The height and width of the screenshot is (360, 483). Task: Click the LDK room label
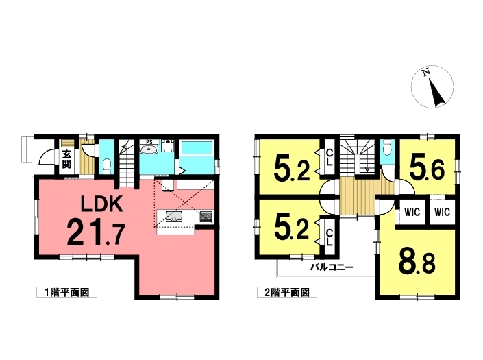pyautogui.click(x=101, y=204)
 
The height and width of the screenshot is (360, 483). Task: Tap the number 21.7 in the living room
pyautogui.click(x=96, y=232)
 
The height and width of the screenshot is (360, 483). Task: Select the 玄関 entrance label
pyautogui.click(x=66, y=159)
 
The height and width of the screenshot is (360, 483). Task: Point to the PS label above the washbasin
pyautogui.click(x=149, y=143)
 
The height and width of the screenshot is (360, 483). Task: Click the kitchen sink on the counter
pyautogui.click(x=174, y=217)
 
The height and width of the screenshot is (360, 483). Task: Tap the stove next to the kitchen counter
pyautogui.click(x=206, y=217)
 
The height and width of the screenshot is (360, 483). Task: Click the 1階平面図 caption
pyautogui.click(x=67, y=292)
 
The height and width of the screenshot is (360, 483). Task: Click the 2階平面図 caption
pyautogui.click(x=287, y=292)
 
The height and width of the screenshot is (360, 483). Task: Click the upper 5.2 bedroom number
pyautogui.click(x=291, y=170)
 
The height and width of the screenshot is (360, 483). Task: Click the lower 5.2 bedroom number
pyautogui.click(x=291, y=229)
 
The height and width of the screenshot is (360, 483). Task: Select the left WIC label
pyautogui.click(x=412, y=212)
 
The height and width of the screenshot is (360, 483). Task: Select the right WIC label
pyautogui.click(x=443, y=212)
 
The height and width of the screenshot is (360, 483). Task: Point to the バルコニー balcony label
pyautogui.click(x=332, y=267)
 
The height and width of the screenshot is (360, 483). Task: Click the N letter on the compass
pyautogui.click(x=426, y=73)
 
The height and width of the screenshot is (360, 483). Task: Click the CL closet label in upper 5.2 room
pyautogui.click(x=329, y=157)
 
